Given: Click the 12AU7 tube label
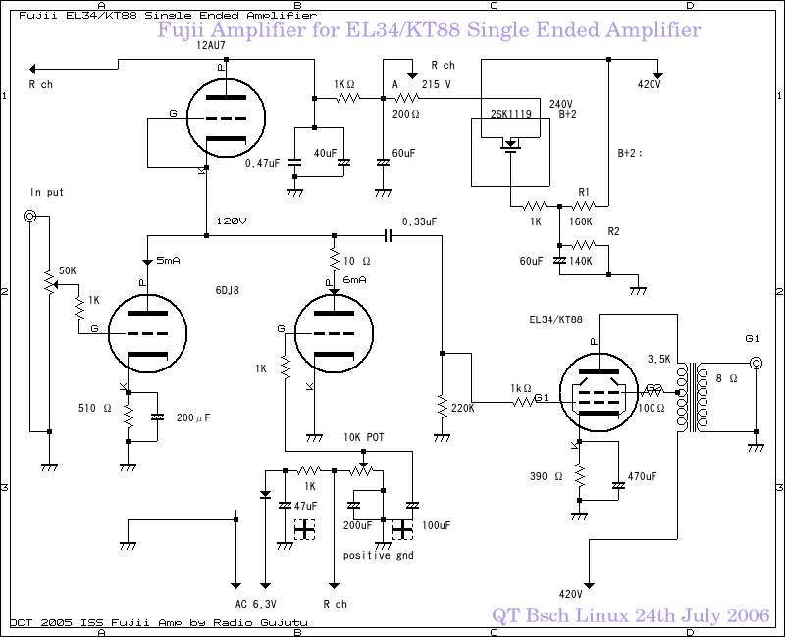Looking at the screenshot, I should (210, 45).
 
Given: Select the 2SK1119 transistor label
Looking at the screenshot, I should (510, 114).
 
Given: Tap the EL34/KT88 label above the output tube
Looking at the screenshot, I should (556, 319).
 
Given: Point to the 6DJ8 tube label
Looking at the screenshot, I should (228, 290).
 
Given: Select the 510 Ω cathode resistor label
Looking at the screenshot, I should (95, 407).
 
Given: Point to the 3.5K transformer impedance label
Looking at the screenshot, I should (658, 359).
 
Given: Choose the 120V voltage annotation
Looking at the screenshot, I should (231, 221).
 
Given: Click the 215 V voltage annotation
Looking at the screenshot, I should (436, 84).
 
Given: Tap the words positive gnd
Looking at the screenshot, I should (378, 555).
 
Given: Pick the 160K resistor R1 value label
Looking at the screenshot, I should (581, 221).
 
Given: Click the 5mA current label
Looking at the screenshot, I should (169, 261).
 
